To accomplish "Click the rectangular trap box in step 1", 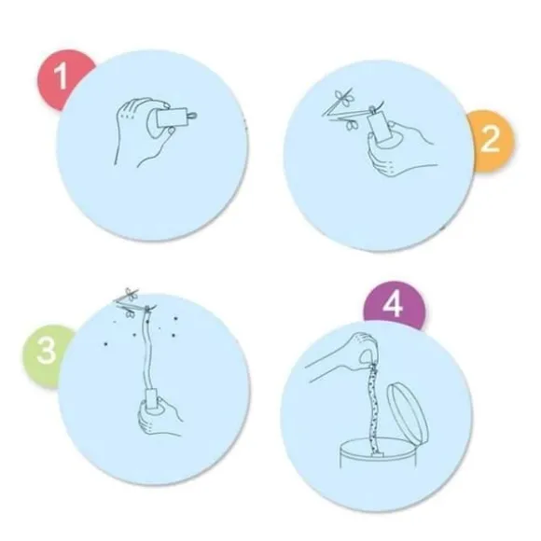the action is (x=170, y=119).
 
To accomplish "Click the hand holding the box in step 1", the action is (x=142, y=132).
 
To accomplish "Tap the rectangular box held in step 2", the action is (x=378, y=128).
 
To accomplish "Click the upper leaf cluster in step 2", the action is (x=343, y=95).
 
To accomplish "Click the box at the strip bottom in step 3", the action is (x=152, y=400).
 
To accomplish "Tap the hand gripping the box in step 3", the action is (x=159, y=416).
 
